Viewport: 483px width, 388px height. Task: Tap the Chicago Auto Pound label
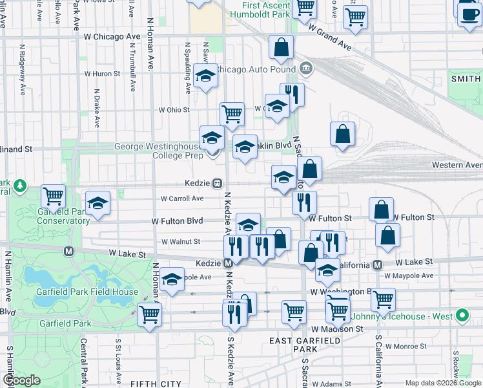256,69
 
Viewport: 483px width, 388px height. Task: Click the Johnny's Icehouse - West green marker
461,316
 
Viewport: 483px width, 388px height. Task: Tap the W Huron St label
103,74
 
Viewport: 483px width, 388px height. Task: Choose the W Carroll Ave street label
182,199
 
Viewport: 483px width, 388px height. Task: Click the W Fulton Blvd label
177,221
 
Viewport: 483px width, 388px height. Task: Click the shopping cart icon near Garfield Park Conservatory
53,195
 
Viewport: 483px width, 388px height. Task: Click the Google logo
21,380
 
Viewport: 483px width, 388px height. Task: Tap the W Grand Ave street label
329,38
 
